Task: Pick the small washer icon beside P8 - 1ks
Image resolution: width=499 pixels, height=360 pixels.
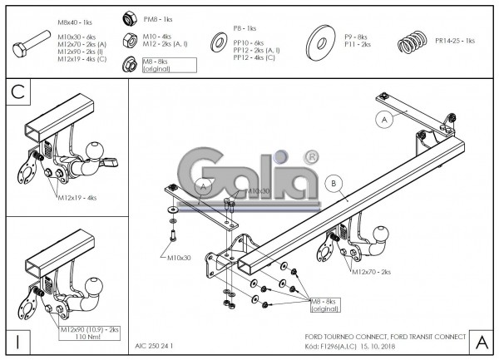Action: pyautogui.click(x=220, y=39)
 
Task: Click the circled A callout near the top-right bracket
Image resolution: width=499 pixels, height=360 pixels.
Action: pyautogui.click(x=384, y=119)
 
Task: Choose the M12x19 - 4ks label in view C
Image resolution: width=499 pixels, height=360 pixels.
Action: pyautogui.click(x=77, y=198)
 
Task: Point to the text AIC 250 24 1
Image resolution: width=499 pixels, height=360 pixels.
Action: pyautogui.click(x=154, y=344)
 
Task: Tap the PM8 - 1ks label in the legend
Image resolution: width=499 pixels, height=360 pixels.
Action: pyautogui.click(x=158, y=18)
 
